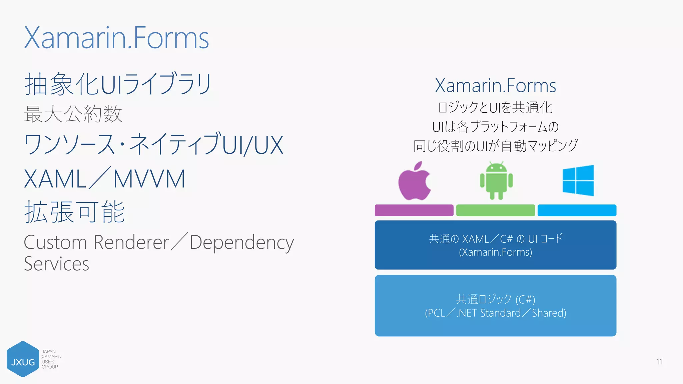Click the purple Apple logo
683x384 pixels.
(x=414, y=182)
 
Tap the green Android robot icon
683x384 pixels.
(x=496, y=181)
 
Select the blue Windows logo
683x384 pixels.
(x=578, y=180)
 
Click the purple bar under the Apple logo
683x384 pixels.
(x=414, y=210)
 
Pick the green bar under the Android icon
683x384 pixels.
(x=495, y=210)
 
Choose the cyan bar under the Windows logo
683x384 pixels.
(x=577, y=210)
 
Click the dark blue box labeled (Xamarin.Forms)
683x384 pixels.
(x=495, y=245)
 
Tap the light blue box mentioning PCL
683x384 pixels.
(x=495, y=306)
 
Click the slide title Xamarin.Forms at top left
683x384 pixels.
(x=116, y=38)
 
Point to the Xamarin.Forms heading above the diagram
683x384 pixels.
(x=495, y=86)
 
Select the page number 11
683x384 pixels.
(x=659, y=362)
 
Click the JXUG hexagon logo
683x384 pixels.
(x=23, y=359)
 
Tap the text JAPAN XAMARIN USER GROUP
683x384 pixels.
(x=51, y=359)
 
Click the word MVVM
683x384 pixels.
(x=149, y=179)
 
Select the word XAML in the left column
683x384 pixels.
(x=55, y=179)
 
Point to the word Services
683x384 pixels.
(x=56, y=264)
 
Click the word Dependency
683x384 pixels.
(x=242, y=243)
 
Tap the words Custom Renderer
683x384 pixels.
(x=96, y=242)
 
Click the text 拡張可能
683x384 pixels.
(x=74, y=212)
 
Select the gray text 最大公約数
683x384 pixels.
(x=73, y=114)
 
